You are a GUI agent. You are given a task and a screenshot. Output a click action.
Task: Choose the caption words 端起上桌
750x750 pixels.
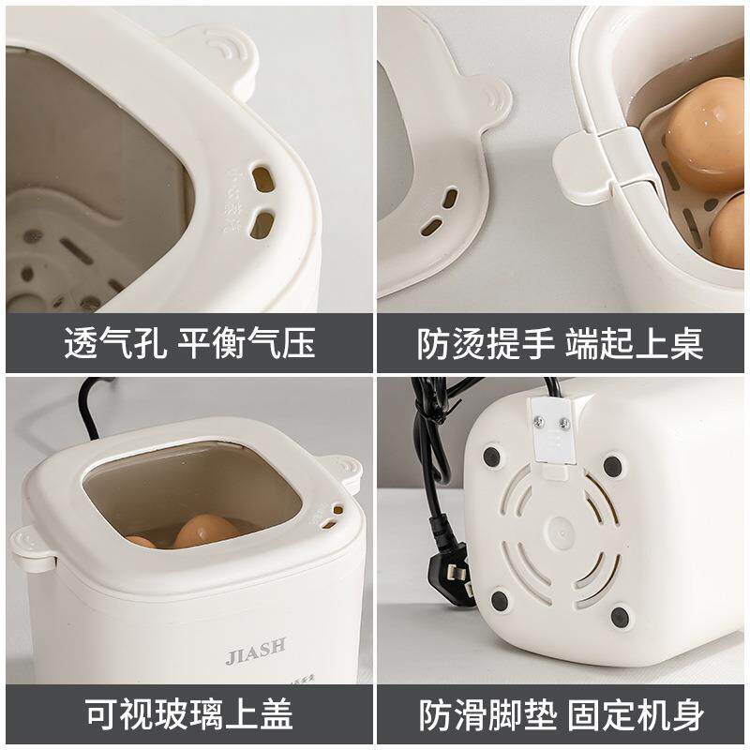point(633,344)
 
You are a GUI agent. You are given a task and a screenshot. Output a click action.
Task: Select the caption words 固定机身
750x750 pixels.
point(633,717)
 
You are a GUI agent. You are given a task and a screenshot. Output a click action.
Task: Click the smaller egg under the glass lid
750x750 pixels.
point(142,542)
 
